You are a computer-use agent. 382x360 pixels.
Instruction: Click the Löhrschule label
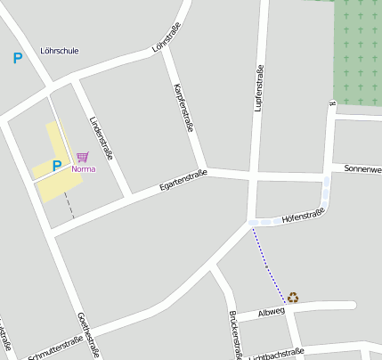tap(60, 51)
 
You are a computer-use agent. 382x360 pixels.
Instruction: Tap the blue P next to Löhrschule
tap(17, 59)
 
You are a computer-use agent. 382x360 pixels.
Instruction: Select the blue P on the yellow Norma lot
tap(56, 165)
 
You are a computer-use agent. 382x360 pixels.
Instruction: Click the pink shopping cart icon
tap(82, 157)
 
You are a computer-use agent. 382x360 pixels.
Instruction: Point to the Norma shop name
tap(84, 168)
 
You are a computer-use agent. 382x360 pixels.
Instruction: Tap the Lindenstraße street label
tap(102, 137)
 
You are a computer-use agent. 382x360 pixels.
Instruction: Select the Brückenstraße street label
tap(235, 334)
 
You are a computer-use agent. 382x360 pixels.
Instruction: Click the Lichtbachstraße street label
tap(277, 354)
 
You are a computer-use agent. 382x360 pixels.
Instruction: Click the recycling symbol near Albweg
tap(293, 298)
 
